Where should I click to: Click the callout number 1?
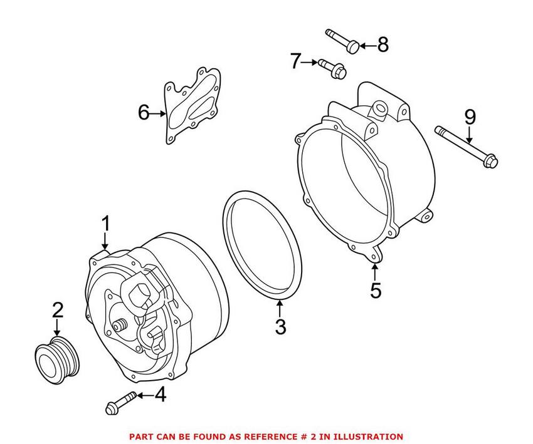point(106,223)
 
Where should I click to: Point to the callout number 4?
point(160,395)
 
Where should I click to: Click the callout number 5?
point(375,291)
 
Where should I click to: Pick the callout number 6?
point(144,113)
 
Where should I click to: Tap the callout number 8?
point(382,44)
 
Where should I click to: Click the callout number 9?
point(470,117)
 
